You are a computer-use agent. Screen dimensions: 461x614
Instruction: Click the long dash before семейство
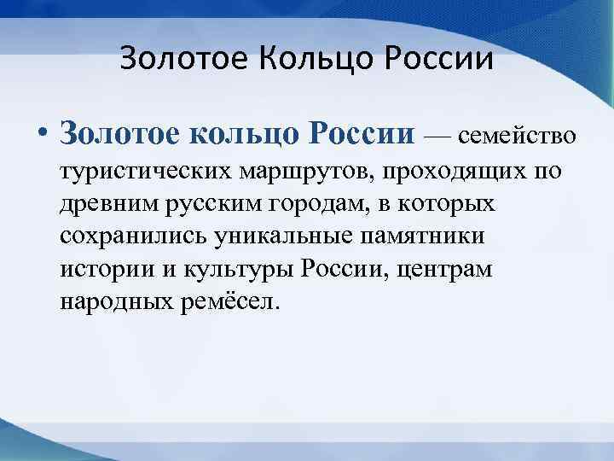point(440,137)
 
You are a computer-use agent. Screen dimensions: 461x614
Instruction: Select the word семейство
point(518,137)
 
